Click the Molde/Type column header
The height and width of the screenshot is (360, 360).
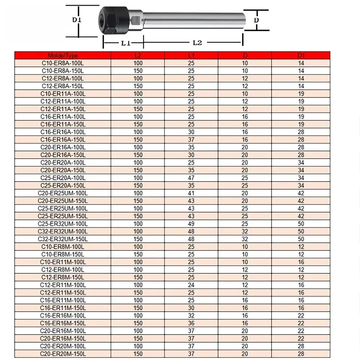coord(63,55)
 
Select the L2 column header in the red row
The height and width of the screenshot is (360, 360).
coord(138,55)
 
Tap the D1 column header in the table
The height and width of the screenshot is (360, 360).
coord(301,55)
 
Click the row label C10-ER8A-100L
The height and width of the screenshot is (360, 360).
coord(63,63)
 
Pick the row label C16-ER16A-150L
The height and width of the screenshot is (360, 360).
coord(63,140)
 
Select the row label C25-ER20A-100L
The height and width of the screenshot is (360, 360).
coord(63,178)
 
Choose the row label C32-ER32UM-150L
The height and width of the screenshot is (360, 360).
coord(63,239)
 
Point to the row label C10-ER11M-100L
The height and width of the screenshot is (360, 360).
coord(63,262)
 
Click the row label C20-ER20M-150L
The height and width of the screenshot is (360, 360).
coord(63,354)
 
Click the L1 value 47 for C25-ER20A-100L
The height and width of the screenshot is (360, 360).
coord(191,178)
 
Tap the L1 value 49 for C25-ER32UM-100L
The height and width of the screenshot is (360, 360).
coord(191,224)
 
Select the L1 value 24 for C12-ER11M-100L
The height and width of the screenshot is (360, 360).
coord(191,285)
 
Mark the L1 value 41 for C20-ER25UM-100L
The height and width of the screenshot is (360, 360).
coord(191,193)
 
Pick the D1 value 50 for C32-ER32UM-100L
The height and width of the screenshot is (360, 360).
coord(301,231)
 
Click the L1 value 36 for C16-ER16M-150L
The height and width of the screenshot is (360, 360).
coord(191,323)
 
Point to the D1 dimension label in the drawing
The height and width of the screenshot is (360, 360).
coord(77,20)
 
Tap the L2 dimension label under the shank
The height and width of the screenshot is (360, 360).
coord(197,42)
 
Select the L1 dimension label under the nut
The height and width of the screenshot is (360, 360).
coord(125,43)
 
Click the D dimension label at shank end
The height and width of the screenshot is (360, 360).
coord(256,21)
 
